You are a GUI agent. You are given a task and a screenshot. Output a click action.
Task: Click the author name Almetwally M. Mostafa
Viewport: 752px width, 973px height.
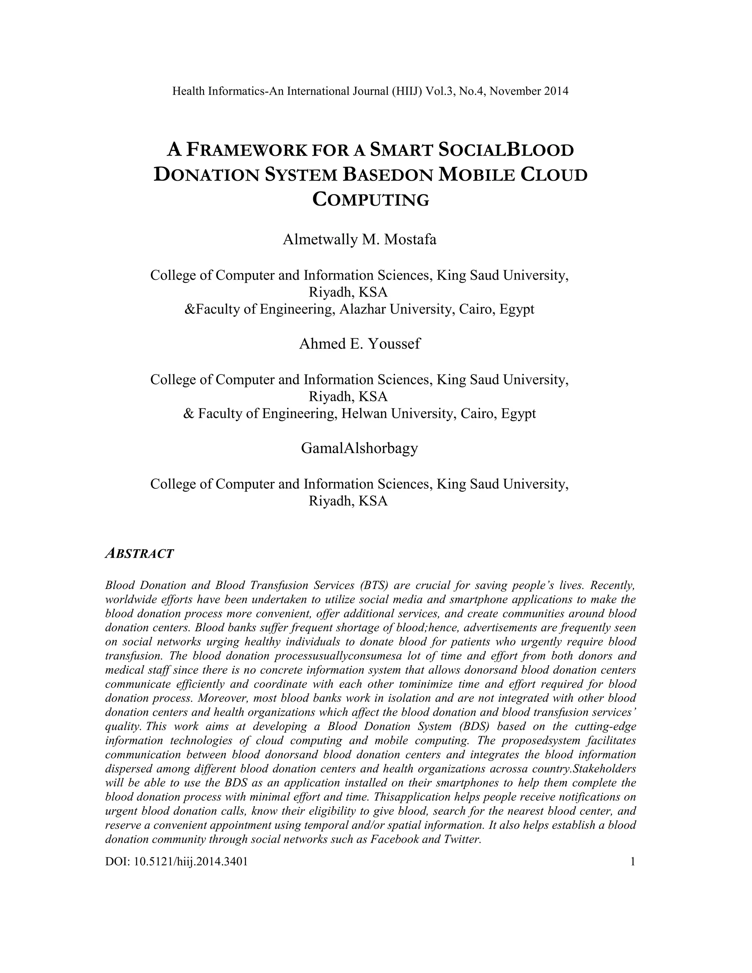[x=359, y=240]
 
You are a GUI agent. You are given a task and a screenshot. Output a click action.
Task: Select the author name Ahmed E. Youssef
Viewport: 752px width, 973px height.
[x=359, y=344]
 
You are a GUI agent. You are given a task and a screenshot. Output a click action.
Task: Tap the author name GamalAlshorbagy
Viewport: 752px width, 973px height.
[x=359, y=448]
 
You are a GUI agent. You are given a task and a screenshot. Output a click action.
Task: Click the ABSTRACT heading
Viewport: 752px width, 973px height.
[x=139, y=554]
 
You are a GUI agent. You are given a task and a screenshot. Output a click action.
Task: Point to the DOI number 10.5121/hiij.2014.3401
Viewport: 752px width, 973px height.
[x=190, y=862]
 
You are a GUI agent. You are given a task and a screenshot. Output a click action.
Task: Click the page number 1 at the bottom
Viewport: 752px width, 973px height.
[x=632, y=862]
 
